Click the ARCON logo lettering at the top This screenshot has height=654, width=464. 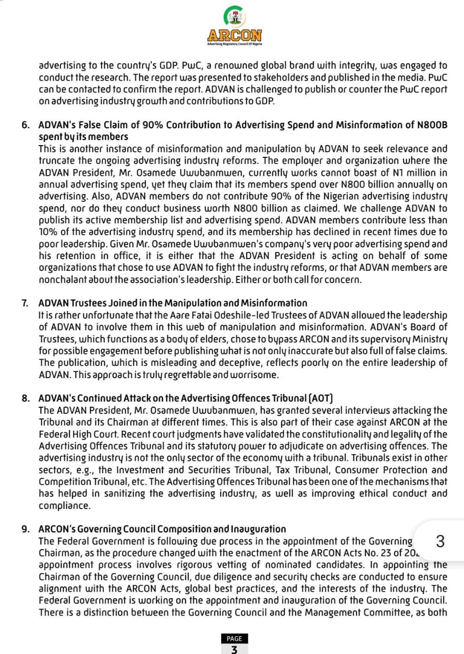tap(235, 36)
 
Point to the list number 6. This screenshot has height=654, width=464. tap(25, 125)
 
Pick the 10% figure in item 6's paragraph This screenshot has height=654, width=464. tap(48, 232)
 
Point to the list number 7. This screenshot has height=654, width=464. tap(25, 303)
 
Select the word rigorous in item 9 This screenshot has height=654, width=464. tap(154, 565)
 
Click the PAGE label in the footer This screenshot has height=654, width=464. tap(234, 638)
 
